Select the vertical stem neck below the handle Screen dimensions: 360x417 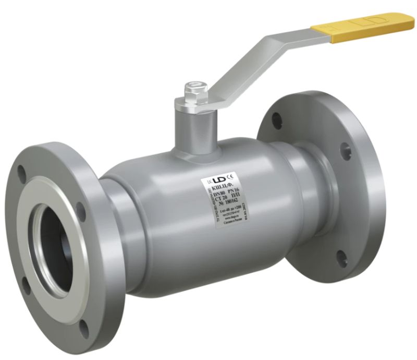point(195,125)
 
